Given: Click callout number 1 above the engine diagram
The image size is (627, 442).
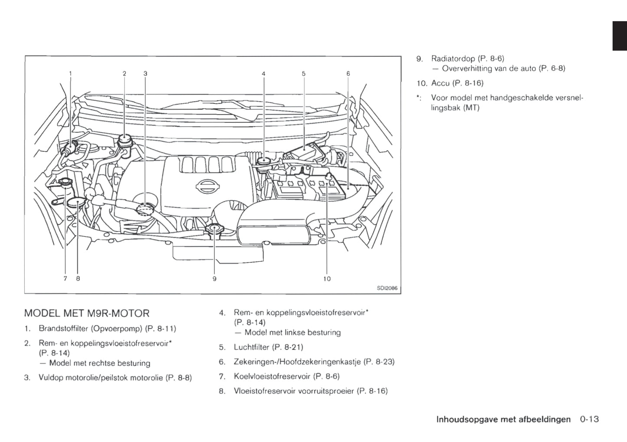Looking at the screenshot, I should click(x=71, y=74).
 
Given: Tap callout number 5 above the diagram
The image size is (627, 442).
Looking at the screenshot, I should click(x=304, y=74).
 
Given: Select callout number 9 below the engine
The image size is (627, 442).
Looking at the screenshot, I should click(x=214, y=279).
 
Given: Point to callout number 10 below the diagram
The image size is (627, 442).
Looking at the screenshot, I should click(x=327, y=279).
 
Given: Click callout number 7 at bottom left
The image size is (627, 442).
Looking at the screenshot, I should click(x=65, y=279).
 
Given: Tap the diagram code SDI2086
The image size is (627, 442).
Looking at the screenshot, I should click(x=387, y=288).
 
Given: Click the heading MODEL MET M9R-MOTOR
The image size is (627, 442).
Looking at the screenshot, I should click(x=87, y=313).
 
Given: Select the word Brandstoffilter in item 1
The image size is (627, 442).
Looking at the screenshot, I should click(x=64, y=328).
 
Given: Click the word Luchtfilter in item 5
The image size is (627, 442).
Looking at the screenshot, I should click(x=251, y=347).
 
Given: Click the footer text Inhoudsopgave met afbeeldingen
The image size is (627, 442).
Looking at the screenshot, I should click(x=503, y=419).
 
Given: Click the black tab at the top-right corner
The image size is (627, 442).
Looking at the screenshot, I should click(x=620, y=36).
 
